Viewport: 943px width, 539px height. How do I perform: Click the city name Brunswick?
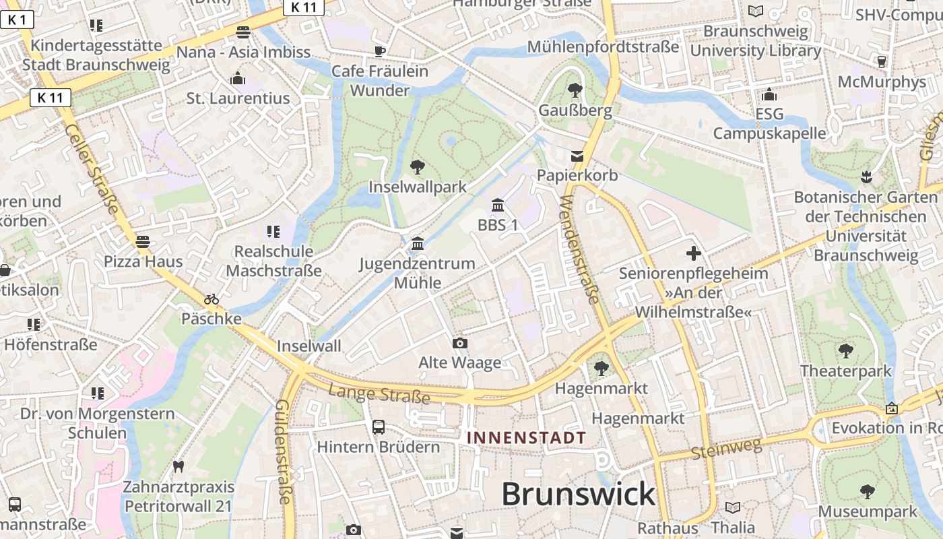click(578, 494)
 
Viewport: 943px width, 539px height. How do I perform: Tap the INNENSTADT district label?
click(527, 438)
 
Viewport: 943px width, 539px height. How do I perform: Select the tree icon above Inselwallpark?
click(418, 167)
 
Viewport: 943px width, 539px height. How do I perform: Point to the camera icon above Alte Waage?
click(460, 344)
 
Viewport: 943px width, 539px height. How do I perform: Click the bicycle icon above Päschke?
click(212, 299)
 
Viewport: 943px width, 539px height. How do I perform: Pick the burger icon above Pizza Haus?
click(142, 241)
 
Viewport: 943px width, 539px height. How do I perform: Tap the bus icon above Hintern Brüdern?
click(379, 426)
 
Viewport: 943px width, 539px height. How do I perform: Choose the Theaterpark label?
click(845, 371)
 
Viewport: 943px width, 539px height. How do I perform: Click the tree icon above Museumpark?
click(868, 491)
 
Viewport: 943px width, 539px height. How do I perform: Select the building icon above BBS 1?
click(498, 205)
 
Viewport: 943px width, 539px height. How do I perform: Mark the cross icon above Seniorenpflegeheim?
click(693, 253)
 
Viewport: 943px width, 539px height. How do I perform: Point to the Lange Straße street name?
click(379, 393)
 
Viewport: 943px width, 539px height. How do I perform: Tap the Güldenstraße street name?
click(284, 451)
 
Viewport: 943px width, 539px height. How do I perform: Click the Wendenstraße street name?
click(580, 249)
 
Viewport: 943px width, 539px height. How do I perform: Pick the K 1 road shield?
click(17, 20)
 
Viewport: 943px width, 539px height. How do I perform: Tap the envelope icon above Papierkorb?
click(577, 156)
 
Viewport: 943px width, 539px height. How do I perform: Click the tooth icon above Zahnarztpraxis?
click(178, 466)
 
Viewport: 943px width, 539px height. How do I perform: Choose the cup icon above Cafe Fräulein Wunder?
click(380, 51)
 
